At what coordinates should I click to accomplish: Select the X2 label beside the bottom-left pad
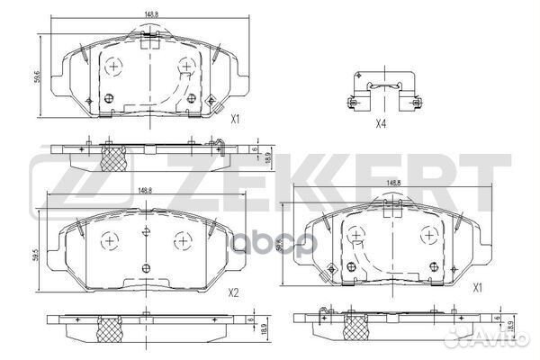pos(233,292)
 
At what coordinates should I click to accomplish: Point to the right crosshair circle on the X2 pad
pos(184,240)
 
